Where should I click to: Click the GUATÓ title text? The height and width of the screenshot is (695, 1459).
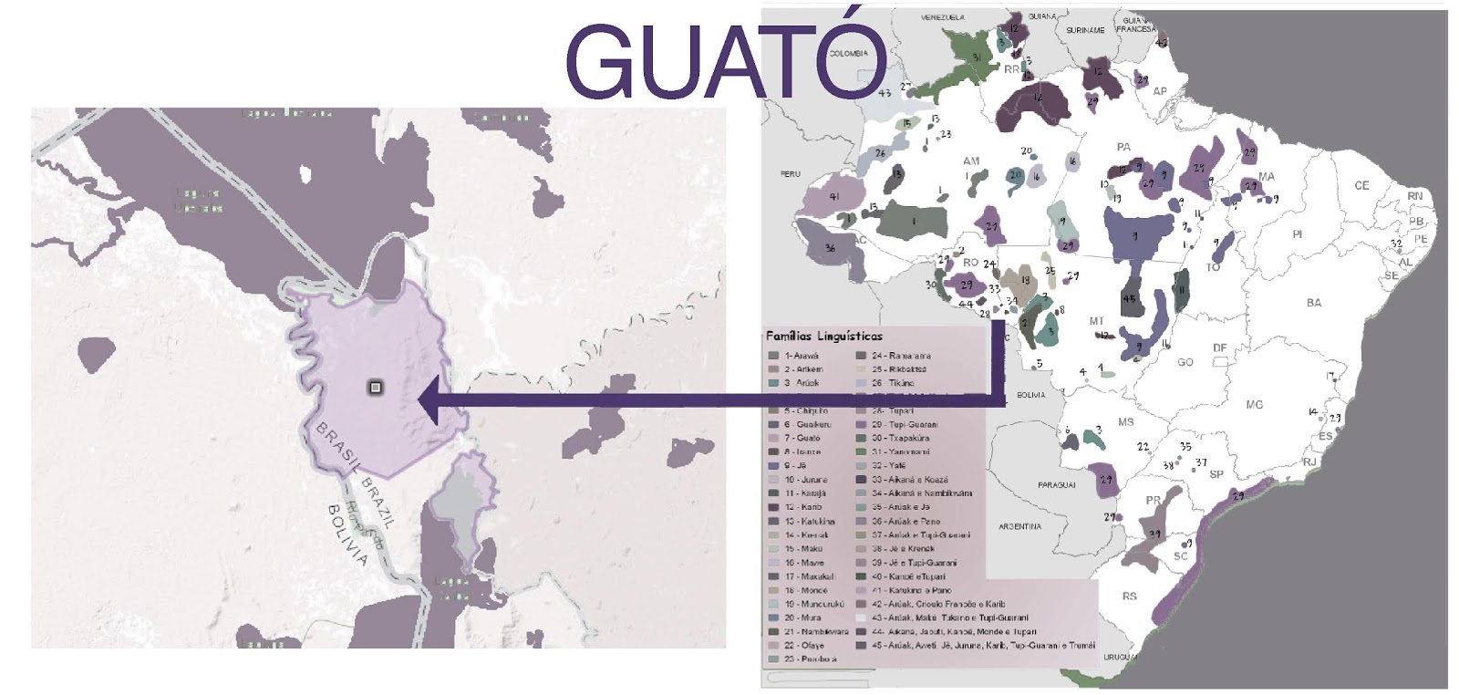point(725,62)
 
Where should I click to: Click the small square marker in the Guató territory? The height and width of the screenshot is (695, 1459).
point(375,388)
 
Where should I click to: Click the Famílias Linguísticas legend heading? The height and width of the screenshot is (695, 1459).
point(823,336)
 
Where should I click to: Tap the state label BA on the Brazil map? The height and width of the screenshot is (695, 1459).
point(1313,302)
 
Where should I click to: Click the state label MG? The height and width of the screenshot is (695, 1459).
point(1255,404)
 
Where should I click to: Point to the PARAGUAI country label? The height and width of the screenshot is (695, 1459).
point(1056,485)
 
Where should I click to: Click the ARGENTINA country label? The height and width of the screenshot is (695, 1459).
point(1019,526)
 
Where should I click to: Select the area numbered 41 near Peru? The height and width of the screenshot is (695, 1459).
point(833,196)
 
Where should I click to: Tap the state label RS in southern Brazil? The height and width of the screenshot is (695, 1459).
point(1129,596)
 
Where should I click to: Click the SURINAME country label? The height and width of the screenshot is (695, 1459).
point(1084,30)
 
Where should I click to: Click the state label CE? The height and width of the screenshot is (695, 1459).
point(1361,185)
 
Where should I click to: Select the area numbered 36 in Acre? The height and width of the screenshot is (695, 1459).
point(830,248)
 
